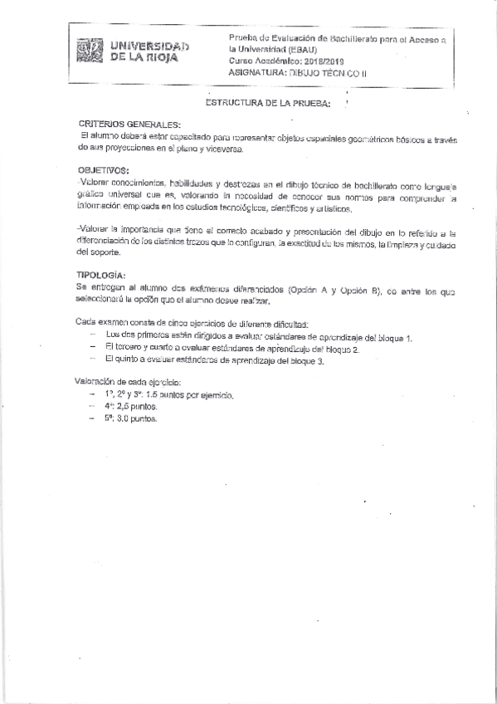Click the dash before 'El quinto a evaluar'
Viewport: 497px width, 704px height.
tap(92, 361)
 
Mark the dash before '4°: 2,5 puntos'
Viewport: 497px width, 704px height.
tap(92, 408)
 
